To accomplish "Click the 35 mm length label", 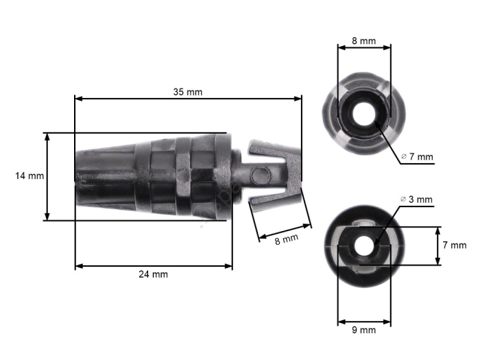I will coord(188,91).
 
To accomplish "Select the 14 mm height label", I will coord(29,176).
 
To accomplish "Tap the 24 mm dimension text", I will coord(153,274).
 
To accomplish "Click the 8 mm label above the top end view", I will coord(363,41).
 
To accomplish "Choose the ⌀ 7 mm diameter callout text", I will coord(417,157).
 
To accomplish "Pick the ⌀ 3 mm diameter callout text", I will coord(417,200).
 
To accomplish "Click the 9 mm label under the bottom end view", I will coord(363,330).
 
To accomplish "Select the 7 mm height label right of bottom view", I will coord(454,245).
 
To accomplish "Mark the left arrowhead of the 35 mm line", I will coord(78,99).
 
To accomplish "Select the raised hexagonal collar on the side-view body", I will coord(183,176).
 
